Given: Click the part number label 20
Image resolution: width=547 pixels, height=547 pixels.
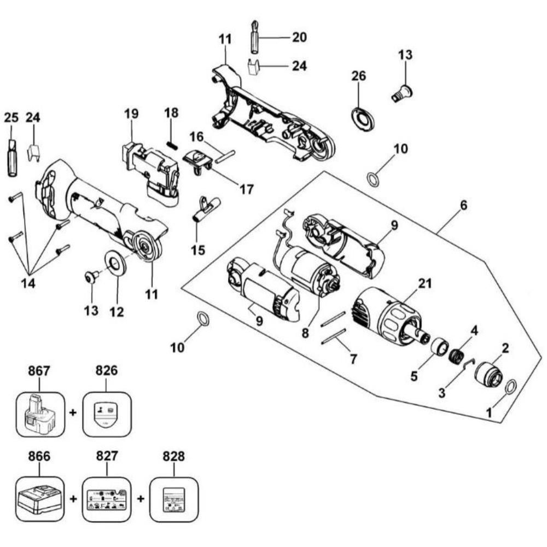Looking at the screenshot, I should [x=299, y=37].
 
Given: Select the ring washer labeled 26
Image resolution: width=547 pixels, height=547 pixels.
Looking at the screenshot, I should [x=362, y=118].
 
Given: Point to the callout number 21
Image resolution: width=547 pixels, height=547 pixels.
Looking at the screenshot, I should [x=424, y=283].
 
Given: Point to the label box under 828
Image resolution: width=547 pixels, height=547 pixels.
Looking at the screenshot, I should [x=173, y=498].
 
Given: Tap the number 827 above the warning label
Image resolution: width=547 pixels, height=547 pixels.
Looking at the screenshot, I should [x=107, y=456].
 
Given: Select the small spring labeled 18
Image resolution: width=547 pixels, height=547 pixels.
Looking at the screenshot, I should [x=171, y=144].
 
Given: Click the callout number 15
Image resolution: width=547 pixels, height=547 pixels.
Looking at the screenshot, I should [x=198, y=250].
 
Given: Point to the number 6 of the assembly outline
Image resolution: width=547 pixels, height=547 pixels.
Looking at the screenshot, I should [x=463, y=205].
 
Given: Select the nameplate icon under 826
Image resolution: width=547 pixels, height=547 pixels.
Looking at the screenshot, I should [x=106, y=412].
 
